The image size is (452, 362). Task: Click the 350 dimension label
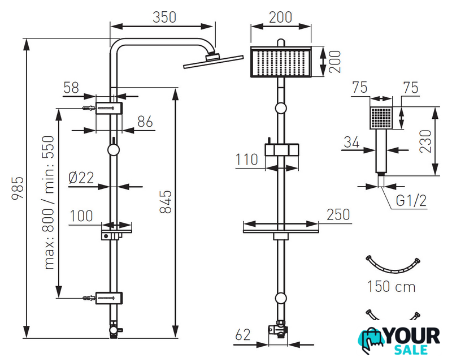[164, 17]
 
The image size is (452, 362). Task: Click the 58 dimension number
[71, 88]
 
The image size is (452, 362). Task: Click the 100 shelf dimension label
[81, 216]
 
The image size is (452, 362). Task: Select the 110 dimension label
[247, 160]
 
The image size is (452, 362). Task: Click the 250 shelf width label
[338, 215]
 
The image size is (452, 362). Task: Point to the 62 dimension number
[243, 335]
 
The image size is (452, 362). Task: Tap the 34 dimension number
[351, 141]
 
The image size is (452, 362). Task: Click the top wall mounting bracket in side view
[108, 107]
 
